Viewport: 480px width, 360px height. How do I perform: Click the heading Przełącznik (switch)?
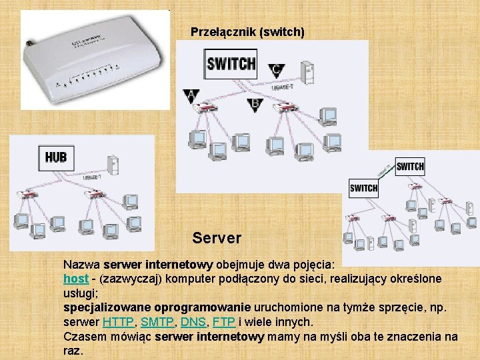point(247,31)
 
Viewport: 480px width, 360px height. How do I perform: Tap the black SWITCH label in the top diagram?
point(231,64)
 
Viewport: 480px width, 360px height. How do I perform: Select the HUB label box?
point(56,157)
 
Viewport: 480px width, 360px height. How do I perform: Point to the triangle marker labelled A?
point(191,95)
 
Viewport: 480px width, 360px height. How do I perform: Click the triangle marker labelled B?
point(254,104)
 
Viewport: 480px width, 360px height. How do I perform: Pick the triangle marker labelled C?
point(276,69)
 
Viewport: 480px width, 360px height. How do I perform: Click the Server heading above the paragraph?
point(217,237)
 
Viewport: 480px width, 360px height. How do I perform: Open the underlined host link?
point(76,278)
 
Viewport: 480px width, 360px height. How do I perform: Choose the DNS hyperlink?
point(193,322)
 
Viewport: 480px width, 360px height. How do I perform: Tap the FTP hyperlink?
point(223,322)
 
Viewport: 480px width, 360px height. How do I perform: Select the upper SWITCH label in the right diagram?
point(409,166)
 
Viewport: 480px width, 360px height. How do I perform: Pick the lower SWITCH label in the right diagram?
point(363,188)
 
